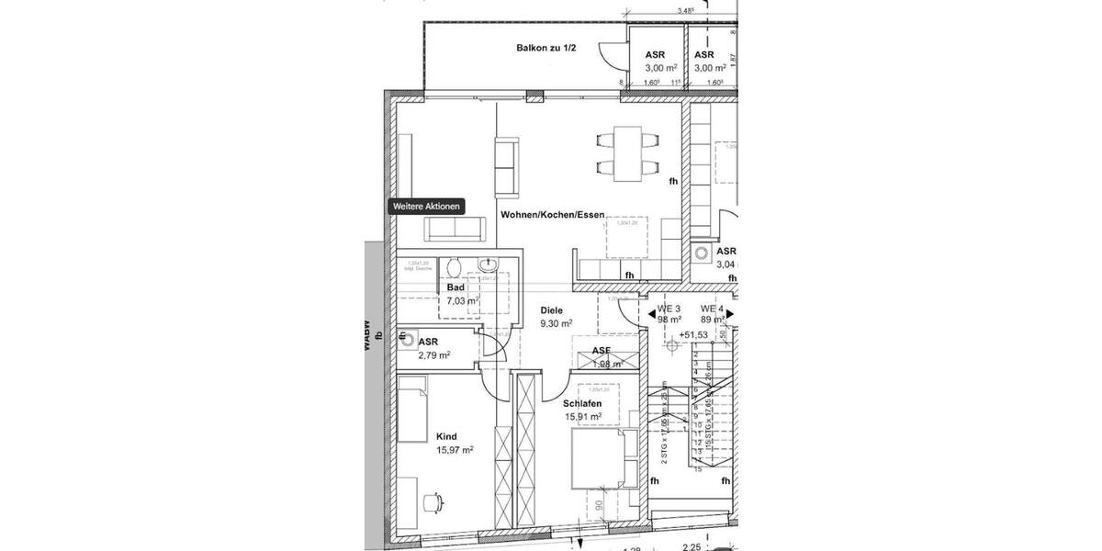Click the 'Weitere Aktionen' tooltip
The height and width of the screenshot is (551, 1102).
[x=426, y=207]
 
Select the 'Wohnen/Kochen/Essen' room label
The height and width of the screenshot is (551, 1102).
[x=552, y=215]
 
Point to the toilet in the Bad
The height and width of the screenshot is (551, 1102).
[x=451, y=267]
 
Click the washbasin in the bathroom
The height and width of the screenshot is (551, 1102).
[x=489, y=266]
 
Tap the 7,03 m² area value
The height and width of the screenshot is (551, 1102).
[x=462, y=300]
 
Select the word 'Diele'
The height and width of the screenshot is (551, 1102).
[x=551, y=310]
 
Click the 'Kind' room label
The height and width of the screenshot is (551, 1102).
[x=446, y=437]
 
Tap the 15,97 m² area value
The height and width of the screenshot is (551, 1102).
[x=455, y=450]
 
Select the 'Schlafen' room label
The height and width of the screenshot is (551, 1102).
[x=582, y=403]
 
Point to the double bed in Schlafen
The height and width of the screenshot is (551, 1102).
[x=602, y=458]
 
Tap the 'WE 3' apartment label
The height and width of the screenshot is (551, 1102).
[x=668, y=308]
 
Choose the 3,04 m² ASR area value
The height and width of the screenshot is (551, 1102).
[x=726, y=264]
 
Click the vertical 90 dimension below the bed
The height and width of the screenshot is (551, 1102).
[x=598, y=504]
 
